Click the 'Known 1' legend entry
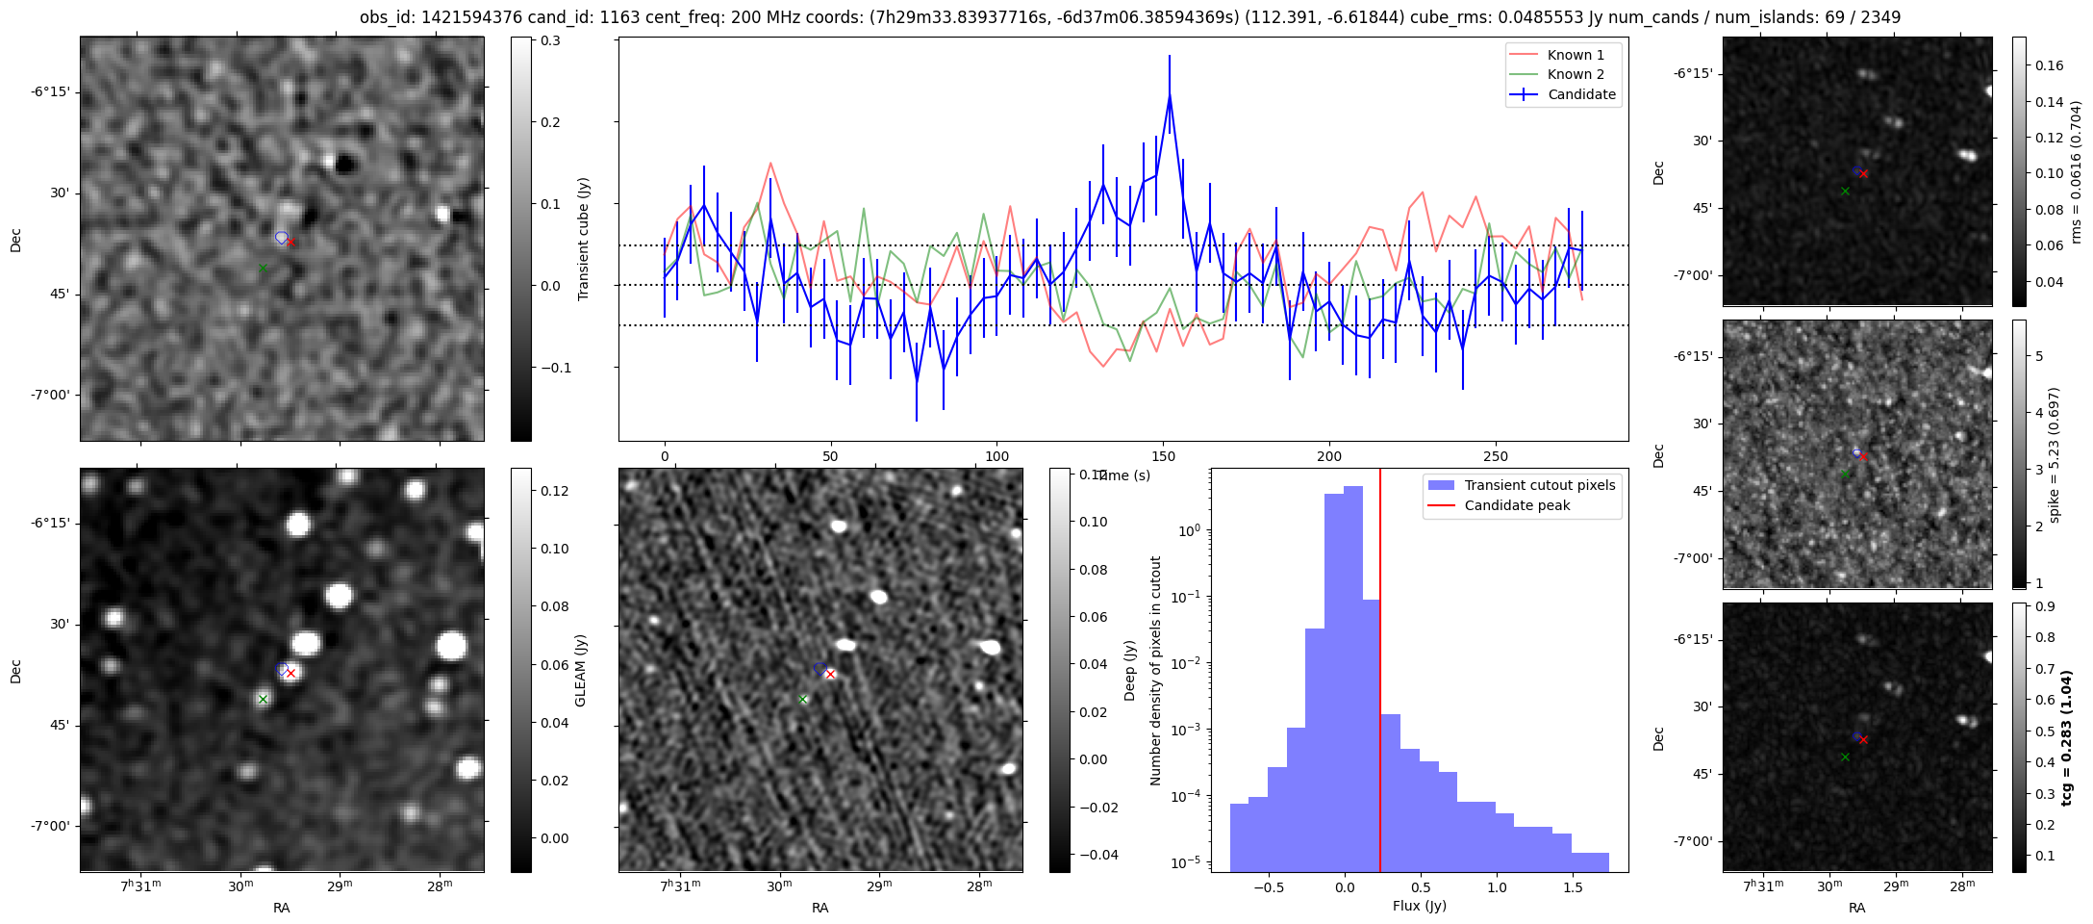click(x=1575, y=55)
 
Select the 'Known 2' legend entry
click(x=1575, y=74)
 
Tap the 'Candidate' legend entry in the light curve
click(x=1581, y=94)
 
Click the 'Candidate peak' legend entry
click(x=1517, y=505)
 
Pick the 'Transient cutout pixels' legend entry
click(x=1539, y=485)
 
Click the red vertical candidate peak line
click(x=1380, y=674)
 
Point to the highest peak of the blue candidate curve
click(x=1170, y=95)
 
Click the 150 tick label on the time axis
click(x=1163, y=456)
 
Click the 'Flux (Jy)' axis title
click(x=1419, y=906)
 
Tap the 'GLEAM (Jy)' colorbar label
click(x=580, y=670)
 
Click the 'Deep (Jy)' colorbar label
click(x=1129, y=670)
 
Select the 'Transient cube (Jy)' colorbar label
click(x=583, y=239)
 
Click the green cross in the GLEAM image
click(x=263, y=700)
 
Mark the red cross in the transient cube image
click(x=290, y=243)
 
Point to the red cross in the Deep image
click(x=830, y=674)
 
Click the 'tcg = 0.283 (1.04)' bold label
click(x=2067, y=737)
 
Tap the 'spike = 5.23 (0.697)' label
click(x=2055, y=454)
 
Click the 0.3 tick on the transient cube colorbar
click(x=550, y=40)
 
